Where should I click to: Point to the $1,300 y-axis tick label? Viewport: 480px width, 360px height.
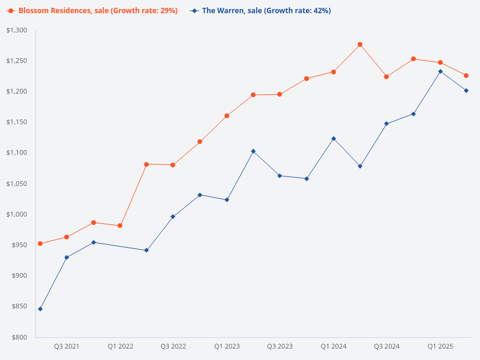[x=17, y=31]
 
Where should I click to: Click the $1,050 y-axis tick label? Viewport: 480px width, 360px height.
[x=17, y=184]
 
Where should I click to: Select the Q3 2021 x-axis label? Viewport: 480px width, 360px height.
[x=67, y=346]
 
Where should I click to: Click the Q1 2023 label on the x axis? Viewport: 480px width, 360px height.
[x=227, y=346]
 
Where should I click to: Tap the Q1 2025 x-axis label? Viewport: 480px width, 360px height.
[x=440, y=346]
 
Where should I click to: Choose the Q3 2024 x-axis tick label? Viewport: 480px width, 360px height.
[x=386, y=346]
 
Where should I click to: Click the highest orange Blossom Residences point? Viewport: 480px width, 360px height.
[x=360, y=44]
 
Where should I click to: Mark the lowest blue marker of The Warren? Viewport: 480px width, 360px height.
[x=40, y=309]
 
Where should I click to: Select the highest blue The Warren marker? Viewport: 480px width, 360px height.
[x=440, y=71]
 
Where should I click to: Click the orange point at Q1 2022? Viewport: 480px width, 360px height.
[x=120, y=226]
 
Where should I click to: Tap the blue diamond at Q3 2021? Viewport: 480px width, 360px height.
[x=67, y=257]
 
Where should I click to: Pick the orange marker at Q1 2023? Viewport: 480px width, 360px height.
[x=227, y=116]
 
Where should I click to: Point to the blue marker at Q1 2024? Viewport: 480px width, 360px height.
[x=334, y=139]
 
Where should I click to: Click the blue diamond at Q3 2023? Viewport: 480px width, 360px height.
[x=280, y=176]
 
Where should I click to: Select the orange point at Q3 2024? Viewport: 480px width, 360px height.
[x=386, y=77]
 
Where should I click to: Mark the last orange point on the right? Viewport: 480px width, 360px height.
[x=466, y=76]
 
